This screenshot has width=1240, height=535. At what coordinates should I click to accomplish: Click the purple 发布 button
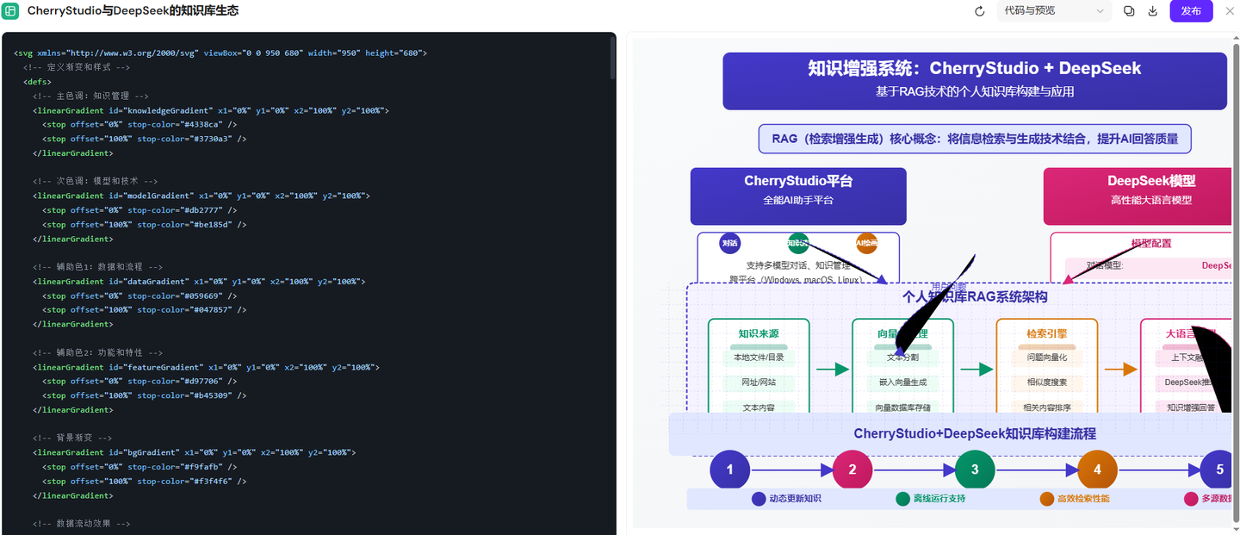click(1191, 11)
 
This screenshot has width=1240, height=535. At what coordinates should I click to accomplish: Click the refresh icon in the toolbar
click(979, 11)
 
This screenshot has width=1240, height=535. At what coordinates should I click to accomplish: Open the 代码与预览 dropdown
click(1053, 11)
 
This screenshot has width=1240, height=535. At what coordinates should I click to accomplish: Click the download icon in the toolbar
click(1153, 11)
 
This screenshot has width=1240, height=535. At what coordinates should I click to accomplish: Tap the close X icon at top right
click(1229, 11)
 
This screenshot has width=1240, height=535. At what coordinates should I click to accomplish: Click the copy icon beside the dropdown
click(1129, 11)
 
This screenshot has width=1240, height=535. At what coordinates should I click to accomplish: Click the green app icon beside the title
click(11, 11)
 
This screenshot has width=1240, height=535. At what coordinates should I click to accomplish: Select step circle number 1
click(729, 470)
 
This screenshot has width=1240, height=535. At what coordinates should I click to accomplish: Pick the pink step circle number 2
click(852, 470)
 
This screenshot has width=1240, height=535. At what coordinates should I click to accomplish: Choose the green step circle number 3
click(975, 470)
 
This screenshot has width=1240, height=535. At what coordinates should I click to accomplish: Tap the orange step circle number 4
click(1097, 470)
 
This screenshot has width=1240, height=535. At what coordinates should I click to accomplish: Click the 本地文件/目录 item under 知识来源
click(759, 358)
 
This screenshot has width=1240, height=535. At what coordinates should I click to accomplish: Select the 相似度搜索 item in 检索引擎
click(1046, 383)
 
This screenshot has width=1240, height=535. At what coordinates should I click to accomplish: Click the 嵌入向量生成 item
click(902, 383)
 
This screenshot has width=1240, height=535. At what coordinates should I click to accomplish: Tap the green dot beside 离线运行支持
click(902, 499)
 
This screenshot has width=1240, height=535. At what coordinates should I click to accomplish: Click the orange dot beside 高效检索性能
click(1046, 499)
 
